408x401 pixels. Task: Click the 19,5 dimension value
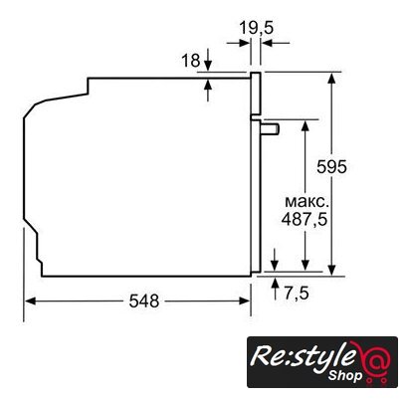(x=257, y=28)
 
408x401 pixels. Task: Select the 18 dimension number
(x=191, y=61)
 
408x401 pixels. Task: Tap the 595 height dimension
(x=331, y=166)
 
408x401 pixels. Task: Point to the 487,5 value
(x=305, y=219)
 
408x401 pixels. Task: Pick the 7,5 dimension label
(x=297, y=294)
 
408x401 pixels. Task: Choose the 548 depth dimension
(x=144, y=301)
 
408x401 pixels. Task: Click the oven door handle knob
(x=270, y=128)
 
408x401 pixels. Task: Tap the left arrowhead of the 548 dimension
(x=30, y=301)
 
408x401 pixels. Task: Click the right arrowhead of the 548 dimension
(x=245, y=301)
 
